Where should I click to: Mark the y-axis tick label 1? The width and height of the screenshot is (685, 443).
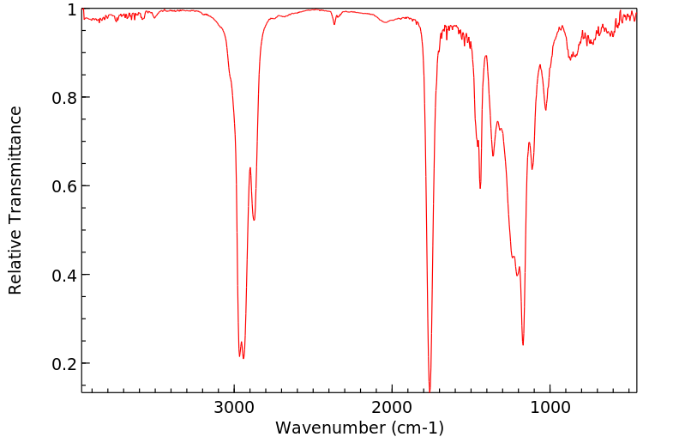pos(72,9)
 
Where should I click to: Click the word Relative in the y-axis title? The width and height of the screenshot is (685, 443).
pos(15,266)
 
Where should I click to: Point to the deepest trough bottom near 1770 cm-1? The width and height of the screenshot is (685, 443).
pos(430,389)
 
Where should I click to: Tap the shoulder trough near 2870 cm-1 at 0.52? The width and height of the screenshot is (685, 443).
pos(254,221)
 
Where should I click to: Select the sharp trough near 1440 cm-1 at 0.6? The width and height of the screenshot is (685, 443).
pos(480,188)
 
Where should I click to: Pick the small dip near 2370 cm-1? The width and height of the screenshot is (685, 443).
pos(334,23)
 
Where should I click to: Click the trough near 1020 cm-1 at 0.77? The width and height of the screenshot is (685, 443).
pos(546,109)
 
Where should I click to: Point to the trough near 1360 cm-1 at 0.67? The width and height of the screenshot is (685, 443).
pos(493,155)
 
